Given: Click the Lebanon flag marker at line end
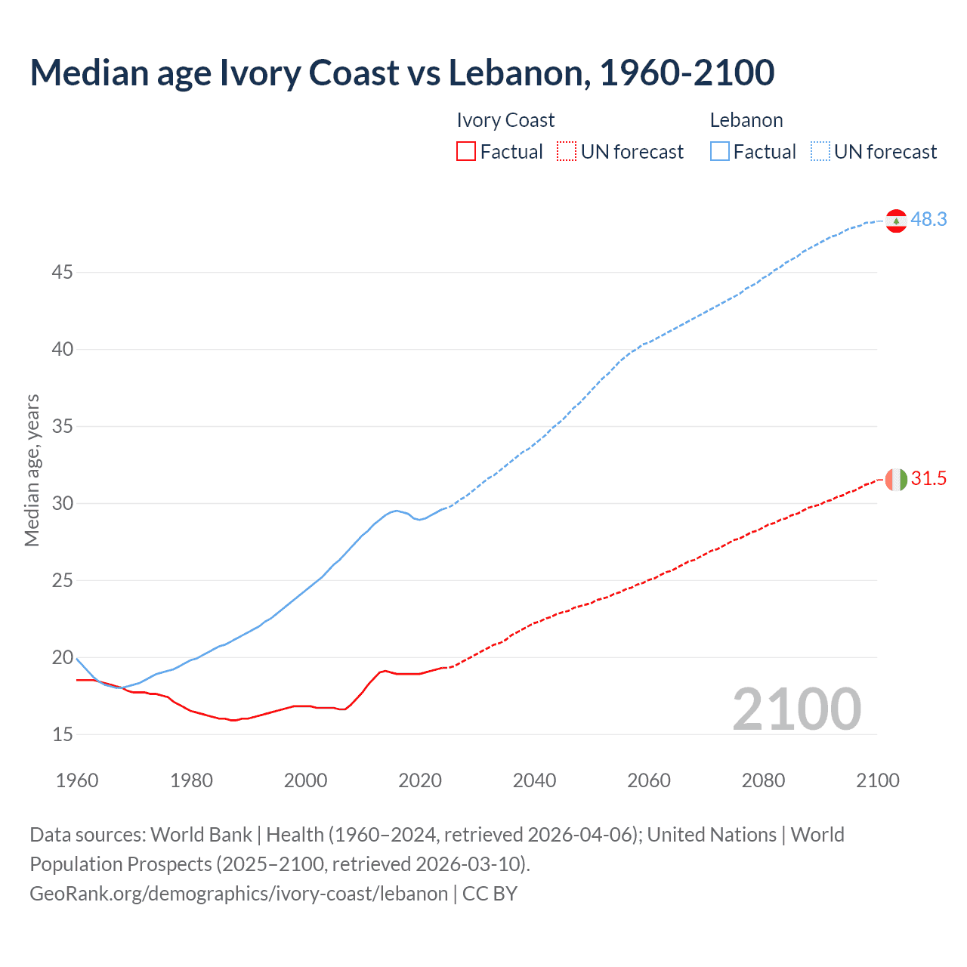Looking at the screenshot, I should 896,221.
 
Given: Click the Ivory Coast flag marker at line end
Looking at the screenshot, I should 896,479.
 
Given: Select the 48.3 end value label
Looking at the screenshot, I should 928,219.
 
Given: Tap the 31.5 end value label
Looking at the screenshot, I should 928,478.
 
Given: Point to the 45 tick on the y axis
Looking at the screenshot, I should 62,272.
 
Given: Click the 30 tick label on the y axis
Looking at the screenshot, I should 62,503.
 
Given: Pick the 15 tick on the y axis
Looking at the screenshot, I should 62,734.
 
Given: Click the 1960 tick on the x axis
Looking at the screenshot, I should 77,780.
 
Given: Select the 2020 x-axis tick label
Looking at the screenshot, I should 420,780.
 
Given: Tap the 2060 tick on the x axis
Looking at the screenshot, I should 649,780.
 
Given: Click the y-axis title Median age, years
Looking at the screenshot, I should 32,470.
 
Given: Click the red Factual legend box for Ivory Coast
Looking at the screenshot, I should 466,151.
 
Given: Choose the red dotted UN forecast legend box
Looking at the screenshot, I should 567,151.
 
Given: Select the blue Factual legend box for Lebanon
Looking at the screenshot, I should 720,151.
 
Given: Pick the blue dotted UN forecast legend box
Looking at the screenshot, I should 820,151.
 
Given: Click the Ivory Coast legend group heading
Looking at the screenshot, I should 505,120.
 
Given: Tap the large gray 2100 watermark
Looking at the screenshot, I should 796,709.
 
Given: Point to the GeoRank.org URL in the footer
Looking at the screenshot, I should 239,893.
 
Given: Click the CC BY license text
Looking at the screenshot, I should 490,893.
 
